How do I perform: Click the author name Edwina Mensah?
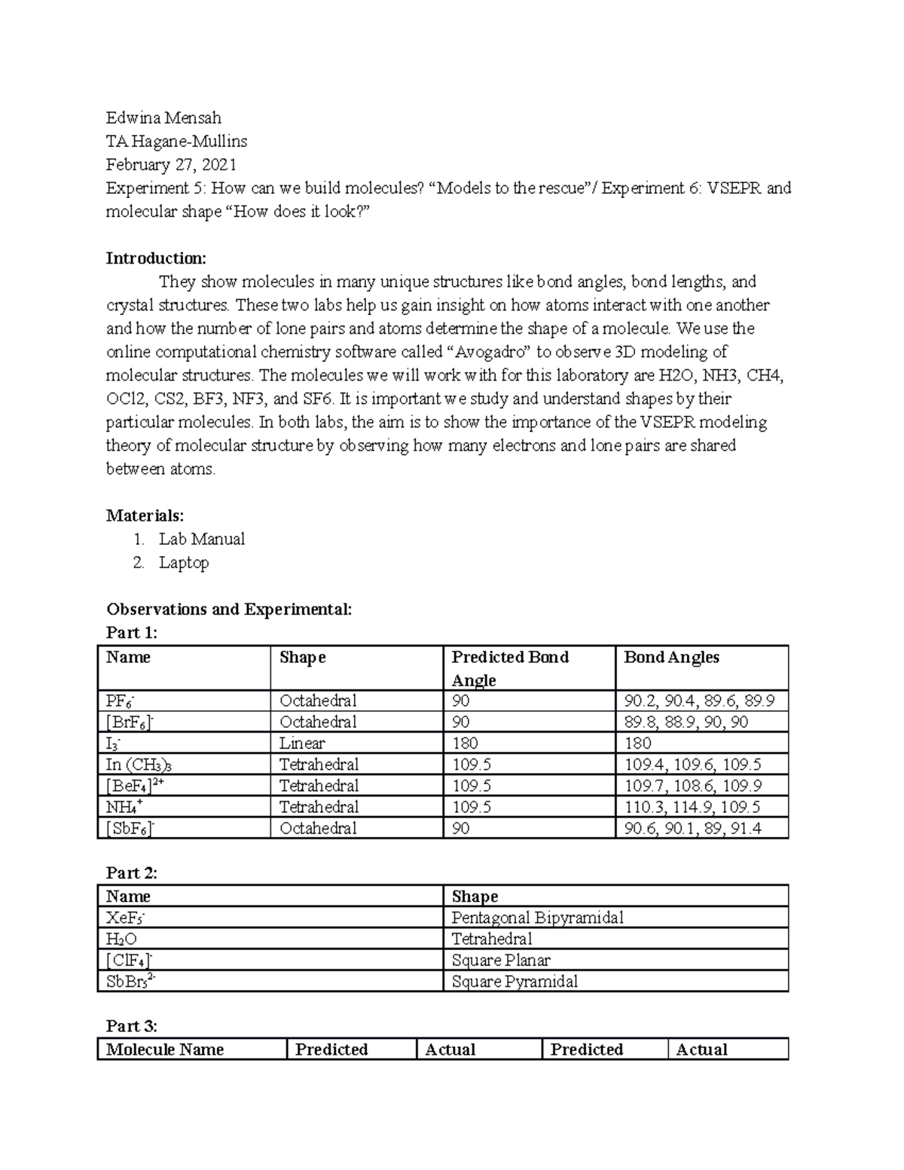[163, 118]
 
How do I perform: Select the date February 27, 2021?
[171, 164]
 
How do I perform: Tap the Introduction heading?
[155, 258]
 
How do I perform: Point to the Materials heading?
[145, 515]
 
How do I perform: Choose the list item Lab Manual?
[201, 539]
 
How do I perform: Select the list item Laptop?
[183, 562]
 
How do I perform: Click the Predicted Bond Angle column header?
[509, 667]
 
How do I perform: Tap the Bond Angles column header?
[671, 657]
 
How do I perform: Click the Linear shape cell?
[302, 743]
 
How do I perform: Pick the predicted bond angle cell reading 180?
[465, 743]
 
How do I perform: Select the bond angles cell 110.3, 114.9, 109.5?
[692, 807]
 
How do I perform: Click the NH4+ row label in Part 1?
[124, 807]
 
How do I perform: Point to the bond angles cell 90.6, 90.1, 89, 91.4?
[692, 828]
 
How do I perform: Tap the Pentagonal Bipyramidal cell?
[537, 918]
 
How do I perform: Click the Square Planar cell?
[500, 960]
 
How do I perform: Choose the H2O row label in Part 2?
[122, 939]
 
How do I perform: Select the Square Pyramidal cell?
[514, 981]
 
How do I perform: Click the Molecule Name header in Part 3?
[165, 1049]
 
